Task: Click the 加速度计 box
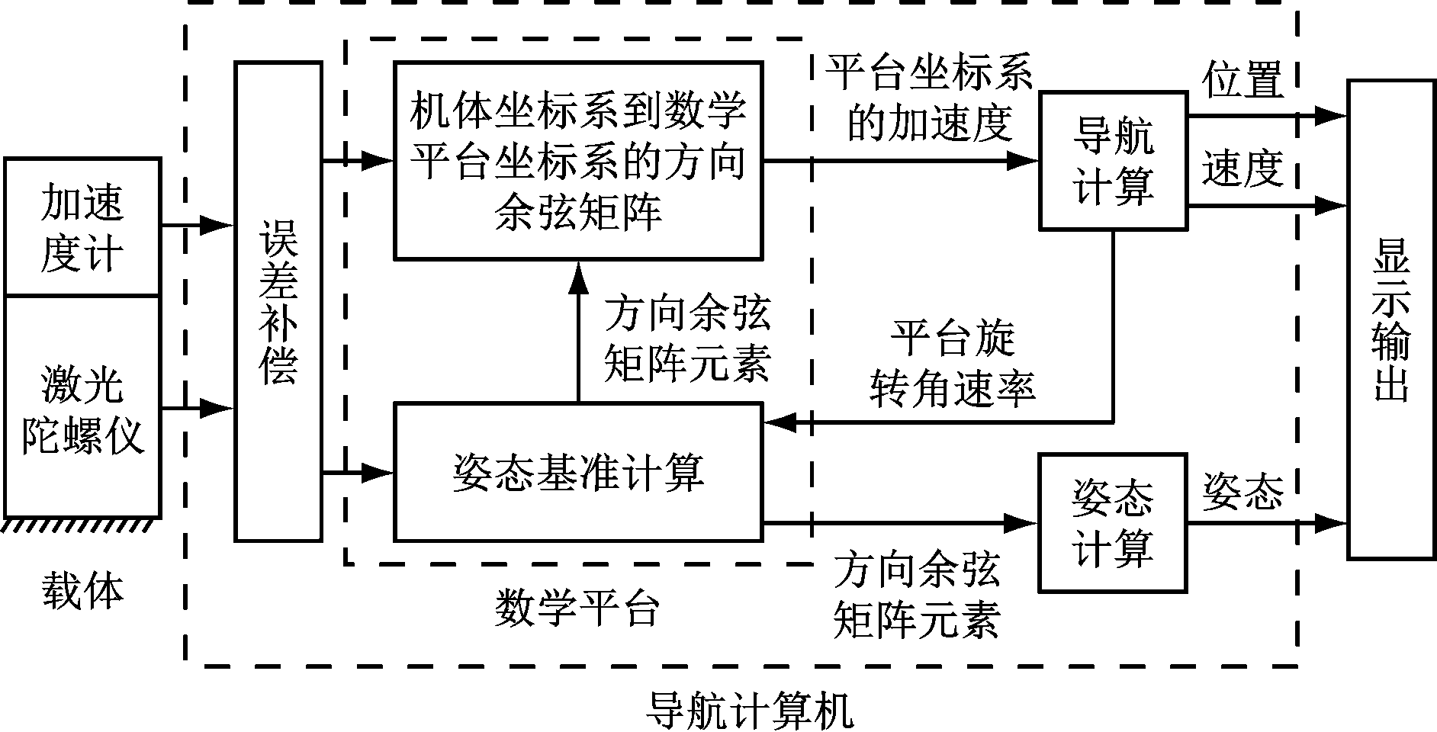click(82, 226)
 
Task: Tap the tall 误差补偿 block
click(278, 302)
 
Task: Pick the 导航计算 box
click(1113, 161)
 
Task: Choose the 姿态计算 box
click(1113, 523)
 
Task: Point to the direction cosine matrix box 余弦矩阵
click(577, 161)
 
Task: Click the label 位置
click(1243, 80)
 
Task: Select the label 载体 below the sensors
click(82, 590)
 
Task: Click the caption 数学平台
click(577, 608)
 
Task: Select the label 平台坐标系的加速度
click(931, 98)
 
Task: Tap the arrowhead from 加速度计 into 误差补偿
click(217, 225)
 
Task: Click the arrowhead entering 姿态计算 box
click(1022, 523)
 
